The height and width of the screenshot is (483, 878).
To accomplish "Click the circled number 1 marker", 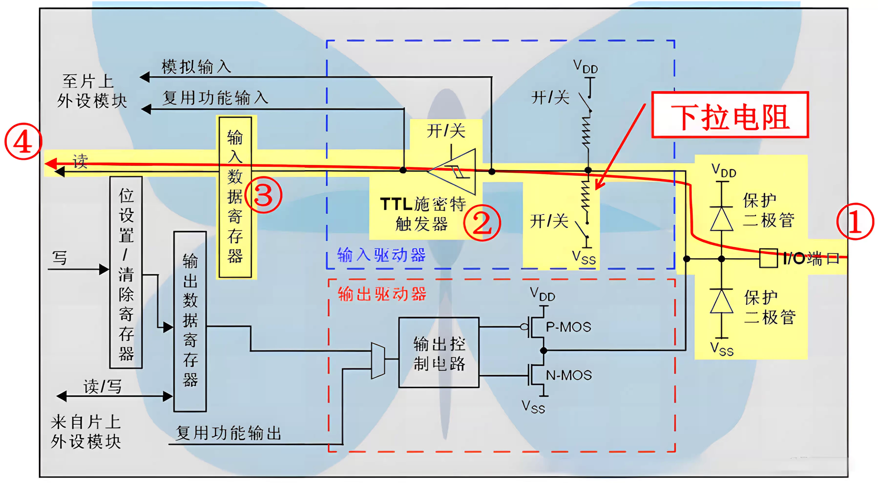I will tap(855, 221).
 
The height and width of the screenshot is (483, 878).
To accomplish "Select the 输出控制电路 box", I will tap(439, 352).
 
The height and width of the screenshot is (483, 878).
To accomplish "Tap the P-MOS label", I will tap(568, 327).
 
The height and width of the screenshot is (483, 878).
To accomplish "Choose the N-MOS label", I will tap(568, 375).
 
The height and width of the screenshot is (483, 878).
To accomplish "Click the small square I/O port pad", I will tap(768, 258).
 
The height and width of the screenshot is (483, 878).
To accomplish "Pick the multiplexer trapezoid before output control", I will tap(378, 360).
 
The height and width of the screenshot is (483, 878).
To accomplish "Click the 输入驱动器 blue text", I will tap(381, 255).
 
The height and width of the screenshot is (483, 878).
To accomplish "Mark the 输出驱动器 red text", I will tap(382, 293).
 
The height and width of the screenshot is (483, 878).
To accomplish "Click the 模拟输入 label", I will tap(196, 66).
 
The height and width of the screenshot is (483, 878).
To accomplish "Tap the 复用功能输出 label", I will tap(228, 433).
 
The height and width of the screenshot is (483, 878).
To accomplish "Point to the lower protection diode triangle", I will tap(721, 301).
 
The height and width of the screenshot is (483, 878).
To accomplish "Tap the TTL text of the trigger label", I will tap(396, 204).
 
